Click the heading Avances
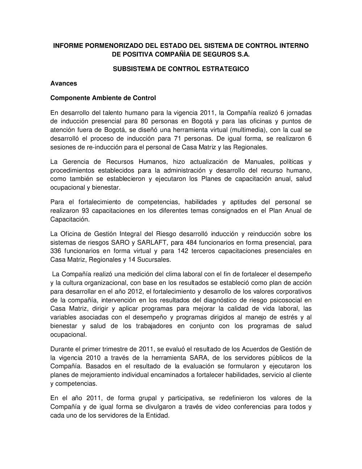point(64,83)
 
